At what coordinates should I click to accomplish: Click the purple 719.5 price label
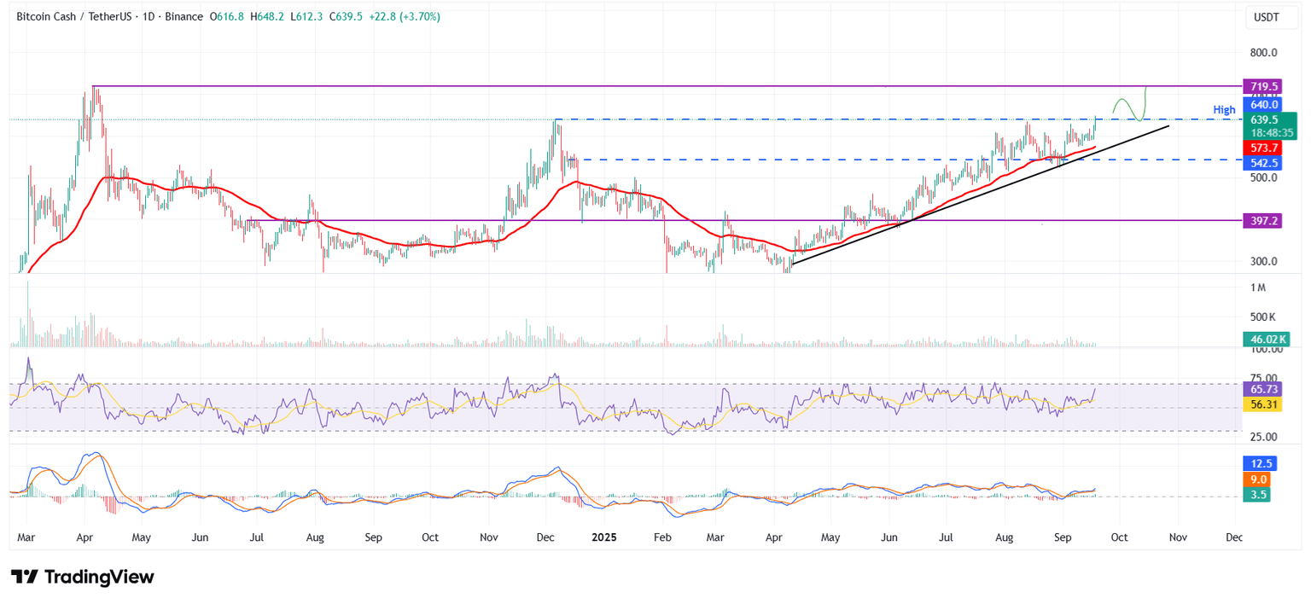[x=1263, y=86]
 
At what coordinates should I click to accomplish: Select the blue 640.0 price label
[x=1263, y=105]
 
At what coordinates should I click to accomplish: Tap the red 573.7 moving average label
[x=1263, y=148]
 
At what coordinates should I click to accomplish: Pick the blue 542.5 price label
[x=1263, y=163]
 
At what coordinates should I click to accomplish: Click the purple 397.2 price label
[x=1263, y=220]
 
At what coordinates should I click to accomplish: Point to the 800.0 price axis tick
[x=1262, y=53]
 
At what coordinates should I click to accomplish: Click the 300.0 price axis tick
[x=1262, y=262]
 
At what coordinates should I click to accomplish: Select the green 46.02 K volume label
[x=1264, y=340]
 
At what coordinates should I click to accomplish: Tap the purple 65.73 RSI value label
[x=1263, y=389]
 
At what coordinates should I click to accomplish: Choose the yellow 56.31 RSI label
[x=1263, y=404]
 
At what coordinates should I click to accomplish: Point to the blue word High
[x=1224, y=110]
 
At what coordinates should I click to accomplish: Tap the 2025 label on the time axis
[x=603, y=538]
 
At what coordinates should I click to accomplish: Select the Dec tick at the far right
[x=1233, y=538]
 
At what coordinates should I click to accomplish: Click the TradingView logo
[x=82, y=577]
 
